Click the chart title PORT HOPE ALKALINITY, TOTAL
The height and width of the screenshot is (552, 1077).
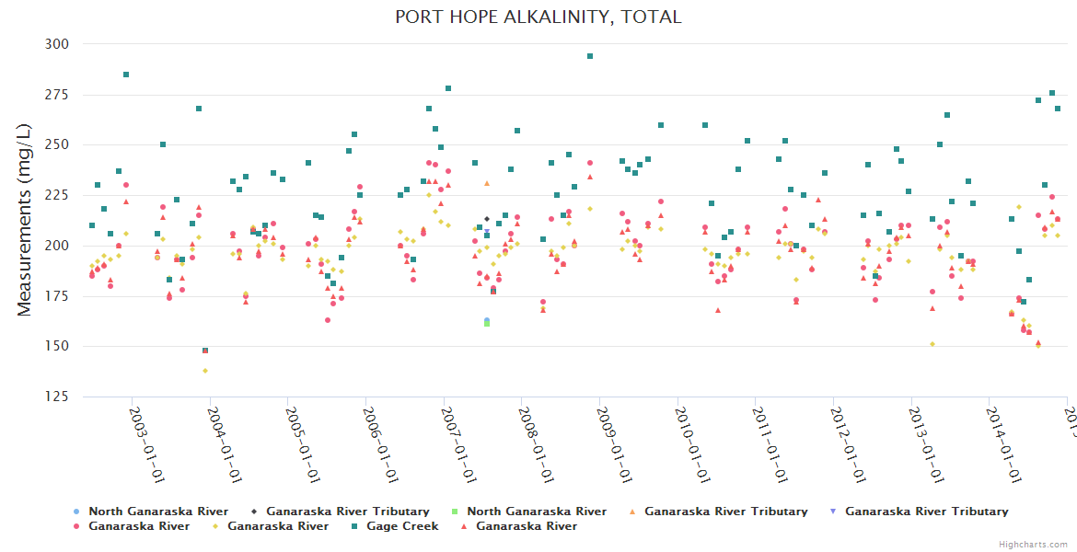[538, 17]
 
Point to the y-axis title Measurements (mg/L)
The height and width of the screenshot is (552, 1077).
[25, 221]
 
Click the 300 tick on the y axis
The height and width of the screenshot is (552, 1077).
[57, 44]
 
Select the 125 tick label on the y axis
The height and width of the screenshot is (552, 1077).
[57, 397]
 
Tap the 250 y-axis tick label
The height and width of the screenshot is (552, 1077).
[57, 144]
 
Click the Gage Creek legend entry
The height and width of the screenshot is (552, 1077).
[402, 526]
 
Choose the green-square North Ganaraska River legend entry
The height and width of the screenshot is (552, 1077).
[537, 512]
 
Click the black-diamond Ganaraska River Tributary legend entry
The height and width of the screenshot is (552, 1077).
[348, 512]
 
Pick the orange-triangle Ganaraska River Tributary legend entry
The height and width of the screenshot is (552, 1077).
[725, 512]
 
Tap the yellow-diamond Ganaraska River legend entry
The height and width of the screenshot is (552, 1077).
[278, 526]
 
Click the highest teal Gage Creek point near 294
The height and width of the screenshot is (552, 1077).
[590, 56]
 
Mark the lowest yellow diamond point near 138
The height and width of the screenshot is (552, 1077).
[205, 371]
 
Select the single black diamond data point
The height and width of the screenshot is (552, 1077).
[487, 219]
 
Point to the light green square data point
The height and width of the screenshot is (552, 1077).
[487, 324]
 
